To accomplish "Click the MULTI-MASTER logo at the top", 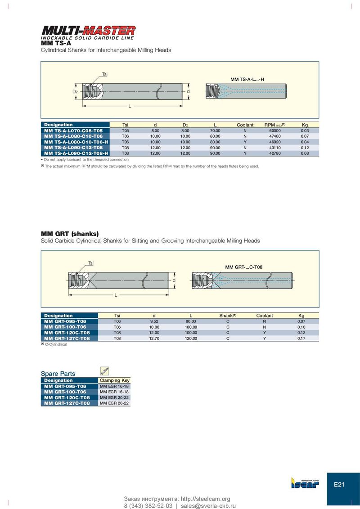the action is point(88,31).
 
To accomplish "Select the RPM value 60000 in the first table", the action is point(275,130).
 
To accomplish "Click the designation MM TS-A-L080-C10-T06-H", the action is point(76,142).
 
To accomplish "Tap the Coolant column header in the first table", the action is point(245,125).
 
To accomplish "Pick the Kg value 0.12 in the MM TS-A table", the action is point(305,147).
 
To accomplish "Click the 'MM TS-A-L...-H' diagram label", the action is point(247,79).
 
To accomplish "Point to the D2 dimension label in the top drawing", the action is point(75,92).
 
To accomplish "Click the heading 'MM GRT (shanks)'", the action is point(70,234).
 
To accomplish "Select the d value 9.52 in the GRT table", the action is point(154,321).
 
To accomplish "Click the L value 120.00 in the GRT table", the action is point(191,338).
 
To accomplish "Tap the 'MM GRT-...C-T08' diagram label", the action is point(244,267).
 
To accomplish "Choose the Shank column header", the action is point(228,316).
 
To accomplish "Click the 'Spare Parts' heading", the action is point(58,374).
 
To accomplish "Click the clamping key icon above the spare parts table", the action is point(104,371).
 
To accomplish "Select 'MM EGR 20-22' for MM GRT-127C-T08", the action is point(114,403).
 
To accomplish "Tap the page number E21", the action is point(339,484).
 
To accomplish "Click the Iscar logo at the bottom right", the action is point(305,483).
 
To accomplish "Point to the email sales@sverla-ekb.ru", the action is point(208,506).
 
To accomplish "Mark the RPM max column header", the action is point(275,125).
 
